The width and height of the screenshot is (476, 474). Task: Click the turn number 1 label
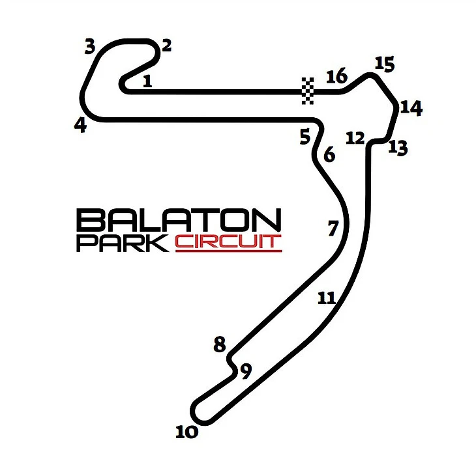coord(147,81)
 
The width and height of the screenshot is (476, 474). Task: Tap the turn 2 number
coord(167,46)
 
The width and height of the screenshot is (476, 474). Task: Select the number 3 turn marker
coord(90,47)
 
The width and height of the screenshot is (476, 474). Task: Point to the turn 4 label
coord(81,125)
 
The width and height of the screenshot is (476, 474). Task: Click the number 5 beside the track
coord(305,136)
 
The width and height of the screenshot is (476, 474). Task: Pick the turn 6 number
coord(329,154)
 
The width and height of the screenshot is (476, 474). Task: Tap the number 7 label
coord(333,229)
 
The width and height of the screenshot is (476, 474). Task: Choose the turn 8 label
coord(220,344)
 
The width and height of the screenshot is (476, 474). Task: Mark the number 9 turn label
coord(246,371)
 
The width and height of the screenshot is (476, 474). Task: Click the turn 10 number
coord(187,432)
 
